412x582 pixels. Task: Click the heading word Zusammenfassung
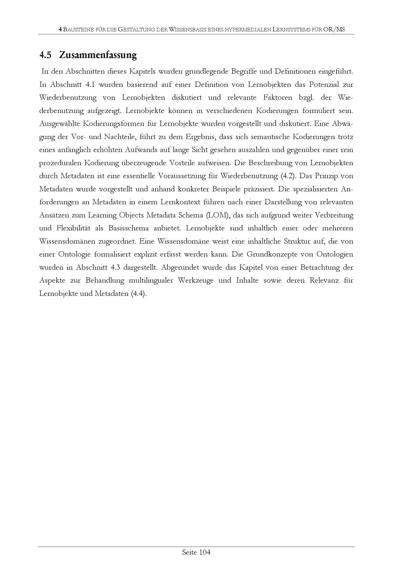[98, 55]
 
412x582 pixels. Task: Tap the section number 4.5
[45, 55]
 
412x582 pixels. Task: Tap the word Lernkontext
[179, 202]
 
